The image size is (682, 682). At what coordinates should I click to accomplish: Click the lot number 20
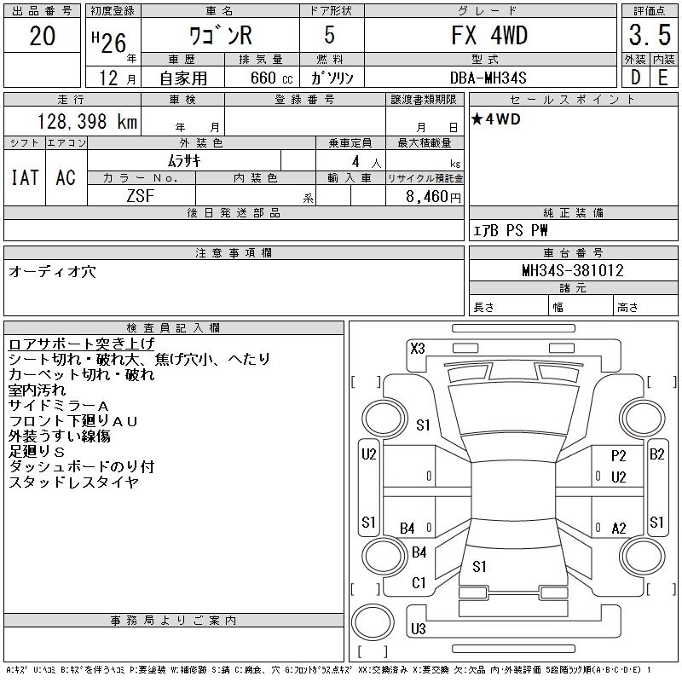43,37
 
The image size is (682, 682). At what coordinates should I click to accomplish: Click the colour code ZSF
141,194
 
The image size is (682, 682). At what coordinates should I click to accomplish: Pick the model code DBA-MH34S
489,77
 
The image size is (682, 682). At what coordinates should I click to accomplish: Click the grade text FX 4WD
489,36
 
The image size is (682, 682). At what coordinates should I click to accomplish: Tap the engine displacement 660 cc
257,78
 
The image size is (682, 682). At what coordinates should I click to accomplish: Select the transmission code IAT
24,177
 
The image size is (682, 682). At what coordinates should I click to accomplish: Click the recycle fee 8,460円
435,195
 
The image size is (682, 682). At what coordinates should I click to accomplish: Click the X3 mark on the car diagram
418,347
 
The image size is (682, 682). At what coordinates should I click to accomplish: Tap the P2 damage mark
619,456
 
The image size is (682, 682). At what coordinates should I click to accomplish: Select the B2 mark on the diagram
656,454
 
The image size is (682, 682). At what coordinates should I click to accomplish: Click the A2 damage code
619,529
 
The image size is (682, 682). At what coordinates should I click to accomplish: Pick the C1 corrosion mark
419,583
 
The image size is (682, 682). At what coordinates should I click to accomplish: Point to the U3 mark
418,629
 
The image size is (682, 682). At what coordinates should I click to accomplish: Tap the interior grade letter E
662,77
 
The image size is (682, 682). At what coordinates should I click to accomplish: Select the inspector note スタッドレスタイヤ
73,483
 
